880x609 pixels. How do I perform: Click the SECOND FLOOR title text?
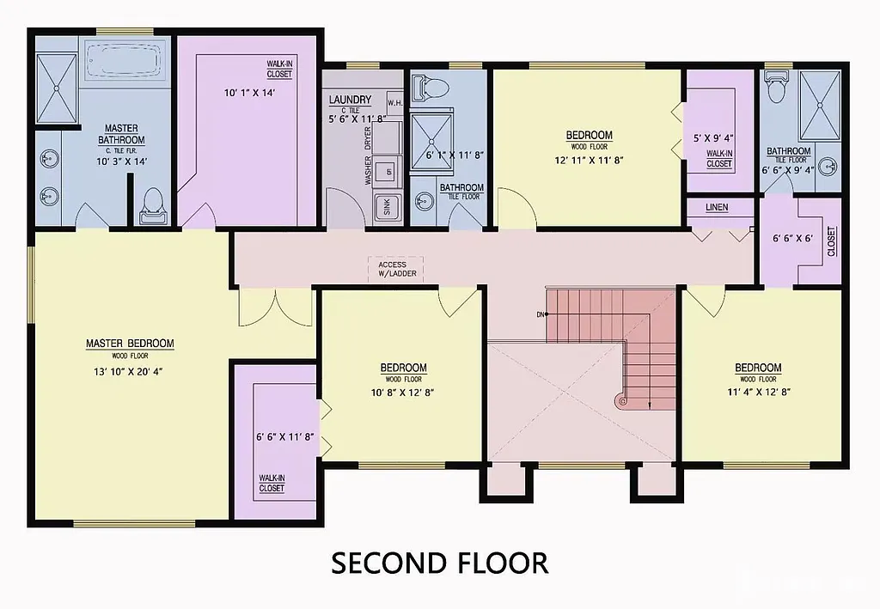pyautogui.click(x=439, y=563)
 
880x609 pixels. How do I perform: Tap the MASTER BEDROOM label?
pyautogui.click(x=130, y=344)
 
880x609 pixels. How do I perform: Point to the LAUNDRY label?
pyautogui.click(x=350, y=100)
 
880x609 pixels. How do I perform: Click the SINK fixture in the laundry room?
pyautogui.click(x=387, y=206)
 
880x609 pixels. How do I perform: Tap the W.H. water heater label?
pyautogui.click(x=395, y=103)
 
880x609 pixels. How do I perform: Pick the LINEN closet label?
pyautogui.click(x=717, y=208)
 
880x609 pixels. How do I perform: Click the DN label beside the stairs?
pyautogui.click(x=541, y=314)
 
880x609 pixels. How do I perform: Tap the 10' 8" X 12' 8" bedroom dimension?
pyautogui.click(x=403, y=393)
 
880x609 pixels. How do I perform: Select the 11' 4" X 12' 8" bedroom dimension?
pyautogui.click(x=757, y=392)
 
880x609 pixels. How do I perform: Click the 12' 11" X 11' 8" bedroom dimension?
pyautogui.click(x=589, y=159)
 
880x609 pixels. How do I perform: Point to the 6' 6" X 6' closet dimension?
pyautogui.click(x=793, y=238)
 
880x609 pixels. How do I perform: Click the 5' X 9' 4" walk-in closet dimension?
pyautogui.click(x=713, y=137)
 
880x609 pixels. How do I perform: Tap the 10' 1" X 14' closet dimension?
pyautogui.click(x=249, y=94)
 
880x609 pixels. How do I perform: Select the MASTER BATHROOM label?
pyautogui.click(x=121, y=134)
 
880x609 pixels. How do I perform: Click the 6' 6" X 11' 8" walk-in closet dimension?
pyautogui.click(x=284, y=436)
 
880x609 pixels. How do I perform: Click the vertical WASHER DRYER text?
pyautogui.click(x=369, y=155)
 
